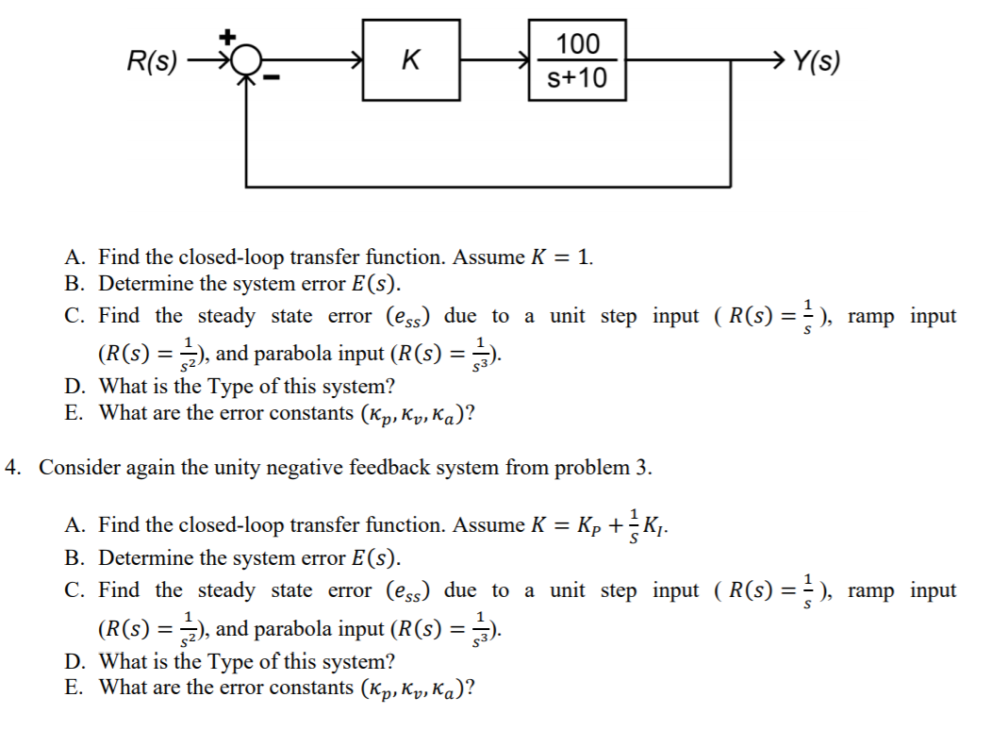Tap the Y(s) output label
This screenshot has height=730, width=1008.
coord(816,62)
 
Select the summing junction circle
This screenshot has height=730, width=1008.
coord(246,64)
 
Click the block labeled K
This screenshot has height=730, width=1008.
coord(410,62)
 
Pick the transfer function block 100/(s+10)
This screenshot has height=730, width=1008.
coord(577,60)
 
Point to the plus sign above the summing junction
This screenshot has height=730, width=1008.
coord(228,37)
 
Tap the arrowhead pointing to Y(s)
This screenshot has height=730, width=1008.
coord(775,62)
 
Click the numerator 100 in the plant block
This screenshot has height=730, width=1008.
coord(577,43)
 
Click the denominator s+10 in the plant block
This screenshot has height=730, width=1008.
coord(577,78)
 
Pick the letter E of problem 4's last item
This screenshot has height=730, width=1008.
coord(73,688)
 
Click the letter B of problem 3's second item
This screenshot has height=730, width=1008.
coord(73,284)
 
